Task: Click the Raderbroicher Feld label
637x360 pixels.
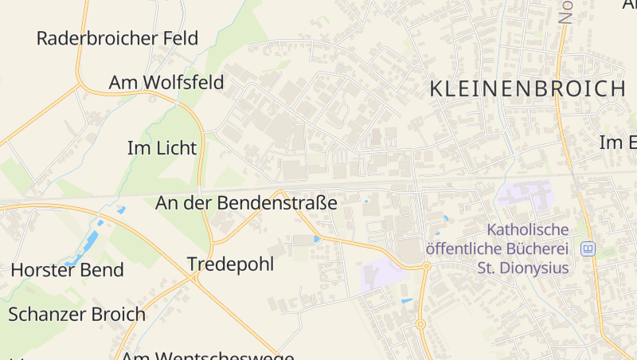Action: pyautogui.click(x=117, y=38)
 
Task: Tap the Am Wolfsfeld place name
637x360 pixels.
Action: pyautogui.click(x=166, y=83)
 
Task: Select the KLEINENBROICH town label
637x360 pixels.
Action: pyautogui.click(x=527, y=89)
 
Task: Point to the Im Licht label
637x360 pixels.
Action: pyautogui.click(x=162, y=148)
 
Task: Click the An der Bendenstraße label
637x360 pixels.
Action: pyautogui.click(x=246, y=203)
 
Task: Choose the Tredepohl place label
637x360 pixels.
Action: pyautogui.click(x=230, y=264)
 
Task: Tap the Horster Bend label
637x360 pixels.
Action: pyautogui.click(x=67, y=270)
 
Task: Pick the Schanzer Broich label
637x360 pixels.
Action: pyautogui.click(x=76, y=314)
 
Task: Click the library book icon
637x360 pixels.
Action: pyautogui.click(x=588, y=249)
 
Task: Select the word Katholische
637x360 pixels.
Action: pyautogui.click(x=527, y=230)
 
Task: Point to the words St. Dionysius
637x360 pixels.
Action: pyautogui.click(x=522, y=268)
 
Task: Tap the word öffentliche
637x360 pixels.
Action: pyautogui.click(x=466, y=248)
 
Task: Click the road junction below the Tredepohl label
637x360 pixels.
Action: pyautogui.click(x=196, y=278)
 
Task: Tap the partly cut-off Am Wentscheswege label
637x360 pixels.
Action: pyautogui.click(x=207, y=355)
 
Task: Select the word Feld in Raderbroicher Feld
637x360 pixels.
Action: pyautogui.click(x=180, y=38)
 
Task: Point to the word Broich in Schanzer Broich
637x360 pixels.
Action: pyautogui.click(x=118, y=314)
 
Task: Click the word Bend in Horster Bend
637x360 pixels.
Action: pyautogui.click(x=103, y=270)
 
